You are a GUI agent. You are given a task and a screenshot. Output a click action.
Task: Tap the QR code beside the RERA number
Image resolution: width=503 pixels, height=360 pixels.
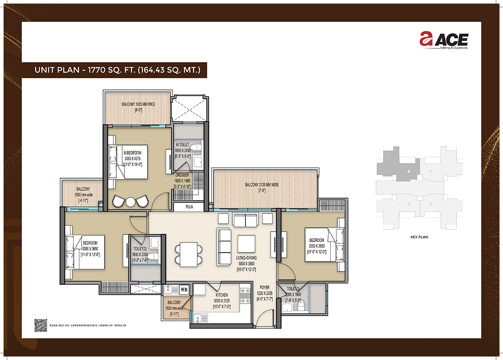tap(41, 325)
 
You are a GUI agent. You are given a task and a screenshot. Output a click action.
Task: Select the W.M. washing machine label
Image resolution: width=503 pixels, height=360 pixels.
tap(184, 289)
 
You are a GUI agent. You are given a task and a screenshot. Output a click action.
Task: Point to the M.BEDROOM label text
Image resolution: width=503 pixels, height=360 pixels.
tap(132, 153)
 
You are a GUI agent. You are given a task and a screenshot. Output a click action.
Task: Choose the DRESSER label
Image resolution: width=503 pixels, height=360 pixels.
tap(182, 175)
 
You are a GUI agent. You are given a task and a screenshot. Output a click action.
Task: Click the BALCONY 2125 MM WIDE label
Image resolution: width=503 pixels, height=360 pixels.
tap(262, 185)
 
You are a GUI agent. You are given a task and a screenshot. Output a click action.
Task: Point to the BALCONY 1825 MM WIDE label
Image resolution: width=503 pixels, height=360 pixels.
tap(138, 104)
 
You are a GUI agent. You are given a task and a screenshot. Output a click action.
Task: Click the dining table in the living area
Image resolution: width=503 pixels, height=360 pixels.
tap(188, 254)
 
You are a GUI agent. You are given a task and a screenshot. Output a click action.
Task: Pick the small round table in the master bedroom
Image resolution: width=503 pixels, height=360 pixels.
tap(130, 201)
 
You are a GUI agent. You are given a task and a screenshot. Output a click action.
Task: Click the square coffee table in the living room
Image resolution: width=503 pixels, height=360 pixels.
tap(246, 243)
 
